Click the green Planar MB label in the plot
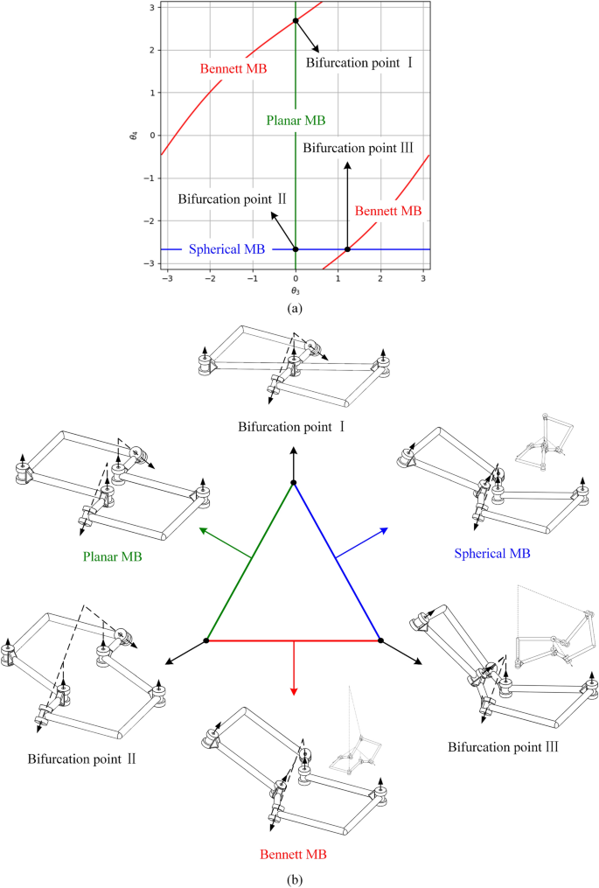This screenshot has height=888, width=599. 296,122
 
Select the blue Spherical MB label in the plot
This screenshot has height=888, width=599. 226,249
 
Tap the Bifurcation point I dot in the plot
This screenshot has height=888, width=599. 296,21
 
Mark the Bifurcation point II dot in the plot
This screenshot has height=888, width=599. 296,249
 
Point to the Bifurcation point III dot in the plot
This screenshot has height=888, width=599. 347,249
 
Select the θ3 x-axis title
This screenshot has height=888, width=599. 296,287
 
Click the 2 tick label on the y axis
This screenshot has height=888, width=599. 150,50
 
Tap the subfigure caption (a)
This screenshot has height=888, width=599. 295,308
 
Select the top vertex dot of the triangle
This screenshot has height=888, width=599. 294,482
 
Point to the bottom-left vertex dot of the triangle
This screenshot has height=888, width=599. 206,640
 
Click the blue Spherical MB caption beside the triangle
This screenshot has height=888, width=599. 493,554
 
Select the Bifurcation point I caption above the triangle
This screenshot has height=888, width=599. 295,427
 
